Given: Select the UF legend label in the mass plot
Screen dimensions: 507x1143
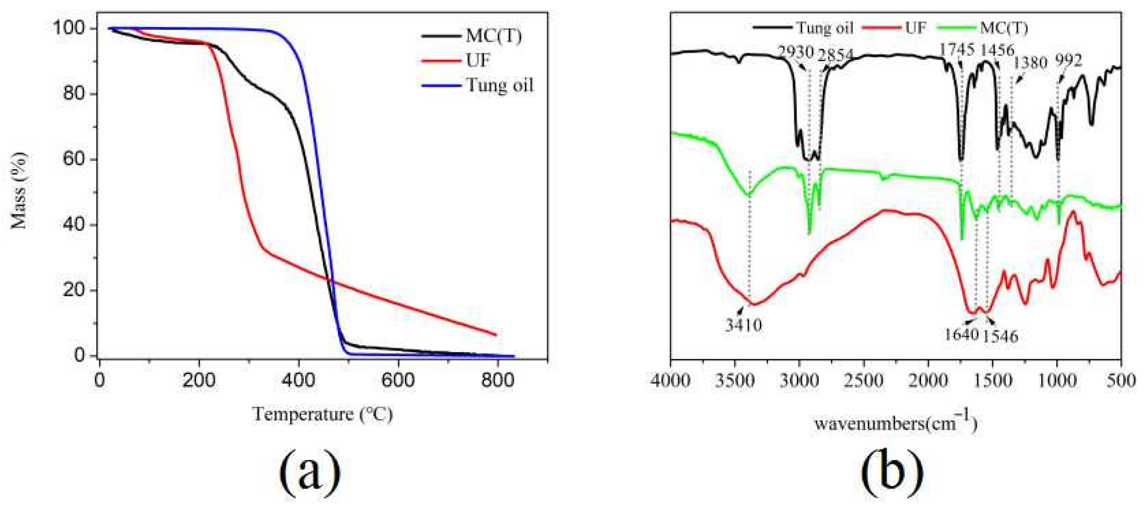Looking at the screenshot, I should pyautogui.click(x=477, y=60).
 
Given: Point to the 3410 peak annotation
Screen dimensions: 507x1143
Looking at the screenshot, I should pyautogui.click(x=744, y=325).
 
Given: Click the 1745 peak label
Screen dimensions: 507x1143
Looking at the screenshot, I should pyautogui.click(x=957, y=50).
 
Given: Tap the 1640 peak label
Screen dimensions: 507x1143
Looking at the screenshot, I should pyautogui.click(x=961, y=334).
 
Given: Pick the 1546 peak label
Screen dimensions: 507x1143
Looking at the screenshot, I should pyautogui.click(x=999, y=336).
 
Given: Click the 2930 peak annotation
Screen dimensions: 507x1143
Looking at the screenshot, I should pyautogui.click(x=795, y=52).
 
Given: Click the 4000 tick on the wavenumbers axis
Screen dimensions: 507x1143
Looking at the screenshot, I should pyautogui.click(x=671, y=381).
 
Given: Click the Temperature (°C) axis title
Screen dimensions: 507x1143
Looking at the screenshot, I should pyautogui.click(x=322, y=415).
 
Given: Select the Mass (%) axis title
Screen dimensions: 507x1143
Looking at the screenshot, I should pyautogui.click(x=19, y=191).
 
